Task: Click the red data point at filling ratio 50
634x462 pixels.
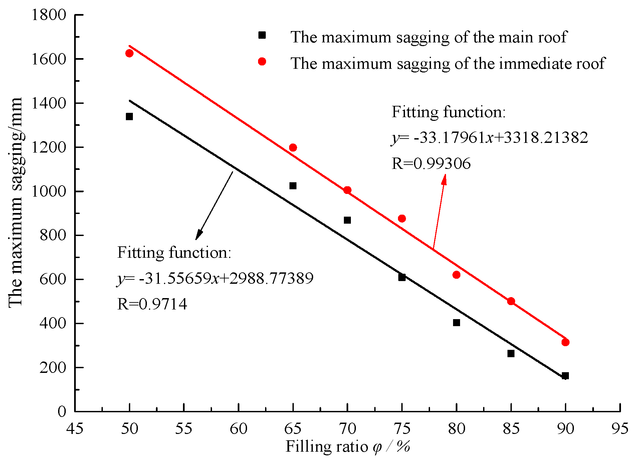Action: point(129,53)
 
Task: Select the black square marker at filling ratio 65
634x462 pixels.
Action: point(293,186)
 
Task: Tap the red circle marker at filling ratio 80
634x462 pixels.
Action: point(456,275)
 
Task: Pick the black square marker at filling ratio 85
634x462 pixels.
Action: point(511,354)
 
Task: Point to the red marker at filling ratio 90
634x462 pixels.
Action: point(565,342)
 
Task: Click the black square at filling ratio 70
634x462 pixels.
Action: point(347,220)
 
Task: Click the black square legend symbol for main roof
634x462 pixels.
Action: point(262,35)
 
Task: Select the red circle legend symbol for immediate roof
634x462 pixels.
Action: point(262,61)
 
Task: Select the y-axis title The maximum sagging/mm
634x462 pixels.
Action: point(15,202)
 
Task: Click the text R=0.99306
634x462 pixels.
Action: point(431,164)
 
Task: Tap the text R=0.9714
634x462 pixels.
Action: point(152,304)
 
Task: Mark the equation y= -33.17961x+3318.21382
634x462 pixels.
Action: point(489,138)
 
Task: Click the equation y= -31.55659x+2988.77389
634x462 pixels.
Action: point(215,278)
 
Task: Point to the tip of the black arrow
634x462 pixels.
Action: point(196,239)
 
